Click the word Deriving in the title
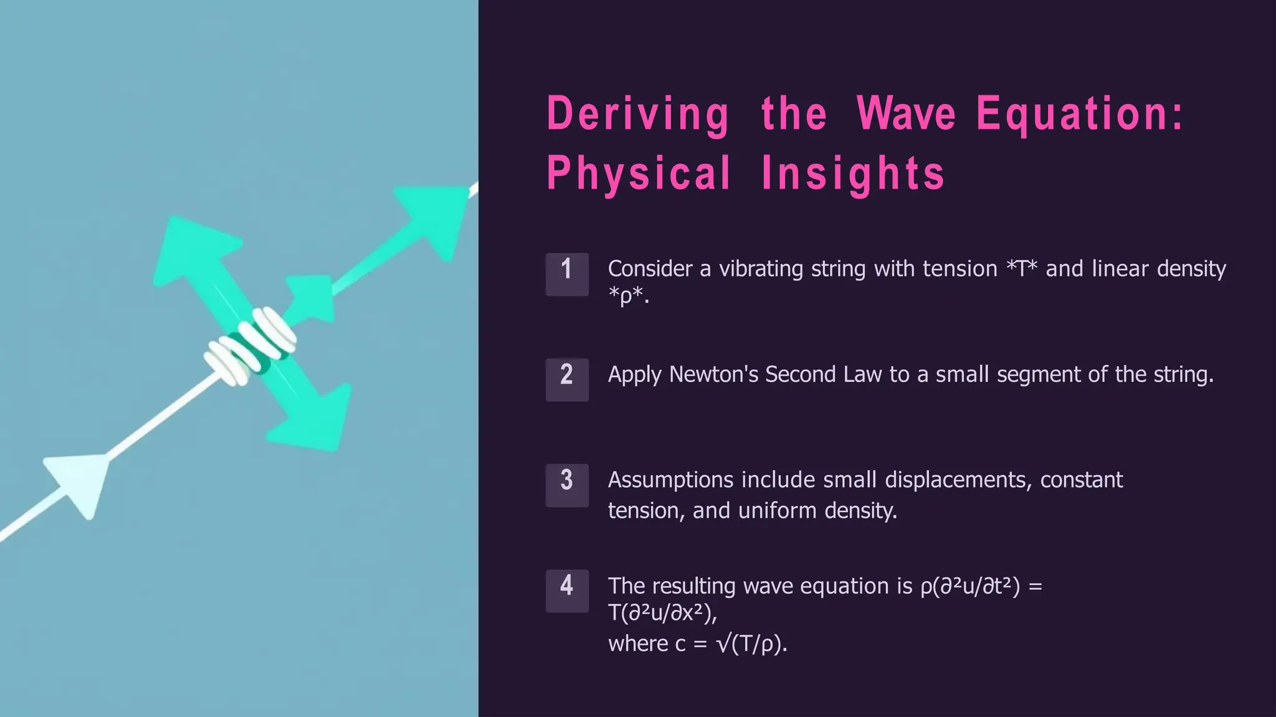[x=637, y=115]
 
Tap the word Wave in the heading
[x=906, y=115]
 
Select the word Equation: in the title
[x=1079, y=115]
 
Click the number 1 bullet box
[x=567, y=274]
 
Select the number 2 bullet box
[x=567, y=380]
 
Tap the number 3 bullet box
[x=567, y=485]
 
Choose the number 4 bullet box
[x=567, y=591]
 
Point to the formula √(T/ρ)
[x=752, y=644]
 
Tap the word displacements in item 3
[x=958, y=480]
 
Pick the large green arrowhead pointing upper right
[x=433, y=218]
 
